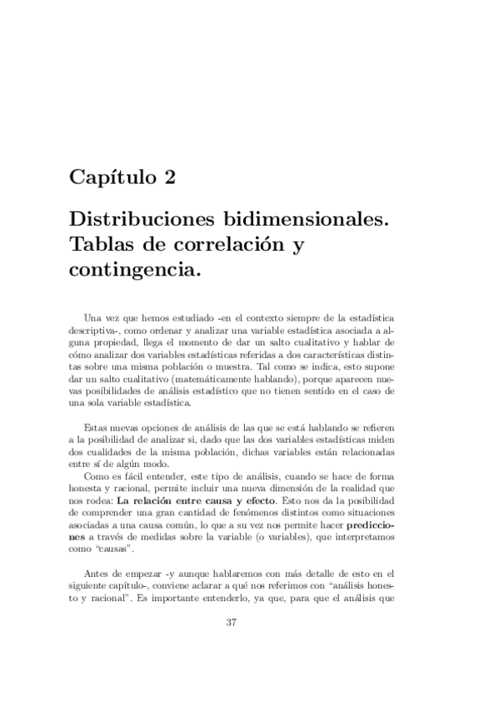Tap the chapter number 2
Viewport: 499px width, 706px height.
(x=169, y=177)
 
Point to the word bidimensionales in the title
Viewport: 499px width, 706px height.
(x=307, y=222)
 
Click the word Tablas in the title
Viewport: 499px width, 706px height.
(x=100, y=246)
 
